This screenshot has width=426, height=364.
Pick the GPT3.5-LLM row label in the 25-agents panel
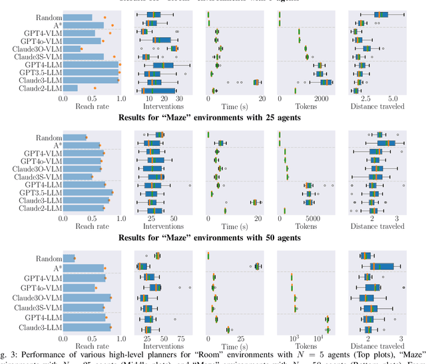click(39, 192)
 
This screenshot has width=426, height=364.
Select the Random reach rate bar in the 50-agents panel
click(69, 258)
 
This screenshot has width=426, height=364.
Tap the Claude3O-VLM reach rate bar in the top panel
click(72, 49)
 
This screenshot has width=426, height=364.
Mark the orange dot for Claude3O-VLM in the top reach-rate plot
click(81, 49)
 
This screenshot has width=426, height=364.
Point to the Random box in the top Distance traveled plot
click(381, 14)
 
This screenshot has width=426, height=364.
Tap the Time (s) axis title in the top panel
click(234, 106)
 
